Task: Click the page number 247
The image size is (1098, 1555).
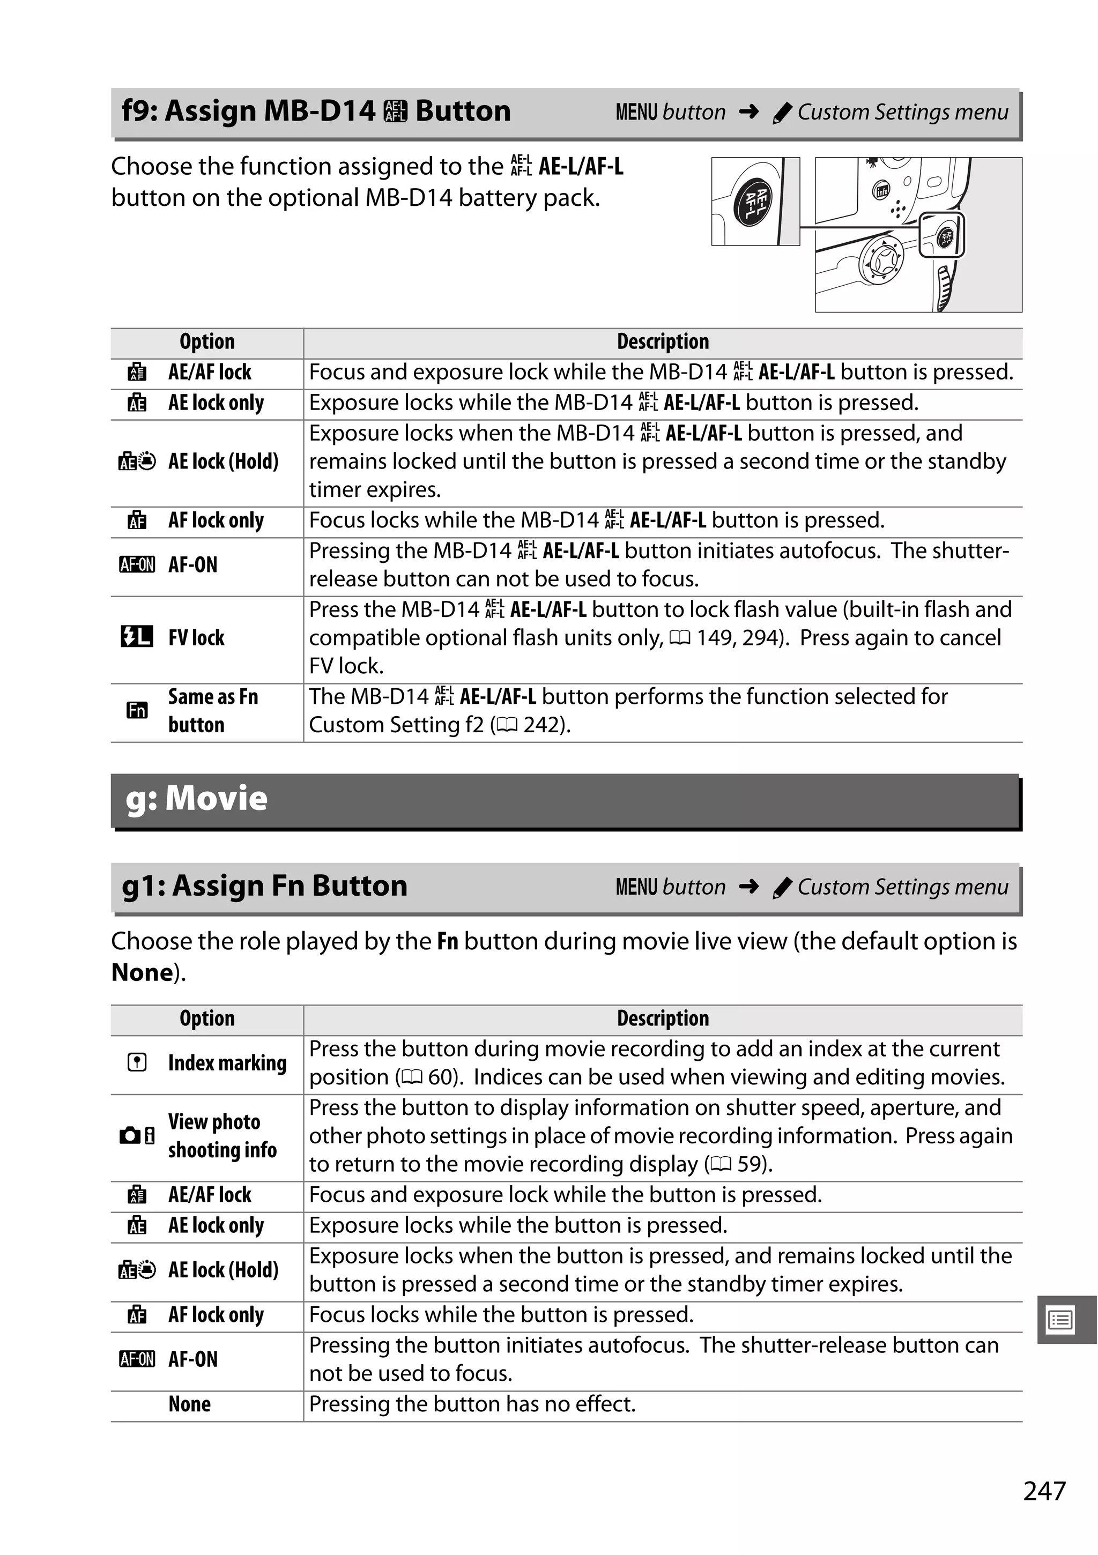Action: click(x=1044, y=1491)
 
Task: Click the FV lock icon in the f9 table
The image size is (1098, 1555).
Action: click(x=136, y=637)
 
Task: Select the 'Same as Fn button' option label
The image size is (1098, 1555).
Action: click(x=213, y=710)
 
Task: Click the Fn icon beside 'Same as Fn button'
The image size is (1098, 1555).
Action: click(x=137, y=710)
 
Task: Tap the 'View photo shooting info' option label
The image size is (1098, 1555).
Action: click(x=222, y=1136)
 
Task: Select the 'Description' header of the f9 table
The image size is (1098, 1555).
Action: click(x=663, y=342)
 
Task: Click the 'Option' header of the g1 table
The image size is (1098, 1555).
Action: click(x=206, y=1018)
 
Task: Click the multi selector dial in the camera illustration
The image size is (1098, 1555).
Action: click(x=882, y=259)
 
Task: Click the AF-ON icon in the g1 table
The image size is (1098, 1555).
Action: click(x=136, y=1359)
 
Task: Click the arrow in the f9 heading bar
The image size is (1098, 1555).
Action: click(x=748, y=111)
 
